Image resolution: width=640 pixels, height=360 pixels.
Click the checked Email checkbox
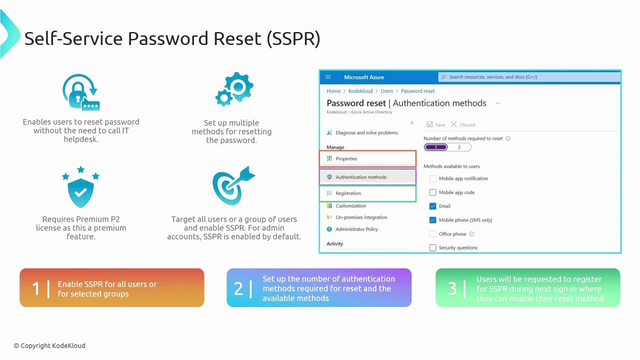(x=432, y=206)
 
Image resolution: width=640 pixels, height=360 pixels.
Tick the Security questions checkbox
(x=432, y=247)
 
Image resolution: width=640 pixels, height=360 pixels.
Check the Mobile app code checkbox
(x=432, y=192)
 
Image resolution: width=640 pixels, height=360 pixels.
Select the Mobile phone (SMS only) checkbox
(x=432, y=219)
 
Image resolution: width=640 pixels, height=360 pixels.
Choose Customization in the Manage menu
(x=350, y=205)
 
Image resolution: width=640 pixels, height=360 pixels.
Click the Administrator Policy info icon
(x=329, y=229)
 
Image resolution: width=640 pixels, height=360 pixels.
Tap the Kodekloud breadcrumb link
(x=360, y=91)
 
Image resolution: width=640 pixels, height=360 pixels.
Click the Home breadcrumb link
(x=333, y=91)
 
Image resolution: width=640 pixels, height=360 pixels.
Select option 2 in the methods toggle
(x=459, y=147)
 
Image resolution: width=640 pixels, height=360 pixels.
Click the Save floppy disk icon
(x=429, y=124)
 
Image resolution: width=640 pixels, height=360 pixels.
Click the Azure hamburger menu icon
(x=328, y=77)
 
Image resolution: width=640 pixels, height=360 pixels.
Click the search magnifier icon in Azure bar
(x=443, y=77)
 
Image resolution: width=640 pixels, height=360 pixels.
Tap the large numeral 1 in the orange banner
(x=36, y=288)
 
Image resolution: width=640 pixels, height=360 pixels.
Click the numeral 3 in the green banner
(x=452, y=288)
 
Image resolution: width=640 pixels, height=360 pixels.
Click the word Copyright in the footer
(x=35, y=345)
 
